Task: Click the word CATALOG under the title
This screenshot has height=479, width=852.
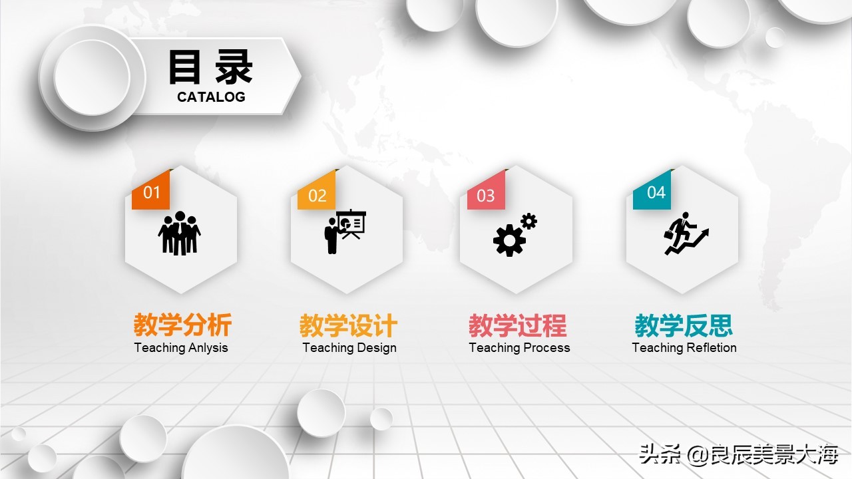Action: (x=211, y=97)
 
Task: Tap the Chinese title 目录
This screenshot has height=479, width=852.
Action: (x=210, y=67)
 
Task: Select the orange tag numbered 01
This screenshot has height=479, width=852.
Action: (x=151, y=193)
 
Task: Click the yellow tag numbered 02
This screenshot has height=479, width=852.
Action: (x=317, y=196)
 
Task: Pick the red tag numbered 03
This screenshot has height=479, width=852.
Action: (x=486, y=196)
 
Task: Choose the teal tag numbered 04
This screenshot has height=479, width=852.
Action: (x=656, y=192)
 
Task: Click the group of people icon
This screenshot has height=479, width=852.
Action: (x=179, y=233)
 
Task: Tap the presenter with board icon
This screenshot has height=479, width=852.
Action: (x=345, y=232)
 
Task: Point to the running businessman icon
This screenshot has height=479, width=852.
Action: (x=685, y=234)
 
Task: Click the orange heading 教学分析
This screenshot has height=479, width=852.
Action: (x=182, y=326)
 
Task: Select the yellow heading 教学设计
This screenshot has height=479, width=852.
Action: (x=348, y=326)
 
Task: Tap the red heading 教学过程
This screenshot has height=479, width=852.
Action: (x=518, y=326)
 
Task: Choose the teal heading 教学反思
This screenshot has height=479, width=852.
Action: (x=684, y=326)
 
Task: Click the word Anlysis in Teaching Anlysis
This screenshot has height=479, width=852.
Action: (x=208, y=348)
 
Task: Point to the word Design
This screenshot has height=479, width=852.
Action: (x=376, y=348)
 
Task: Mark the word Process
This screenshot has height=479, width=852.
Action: (x=546, y=348)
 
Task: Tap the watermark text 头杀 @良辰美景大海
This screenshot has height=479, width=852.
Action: (x=738, y=456)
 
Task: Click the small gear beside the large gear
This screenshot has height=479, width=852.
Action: (x=529, y=222)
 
